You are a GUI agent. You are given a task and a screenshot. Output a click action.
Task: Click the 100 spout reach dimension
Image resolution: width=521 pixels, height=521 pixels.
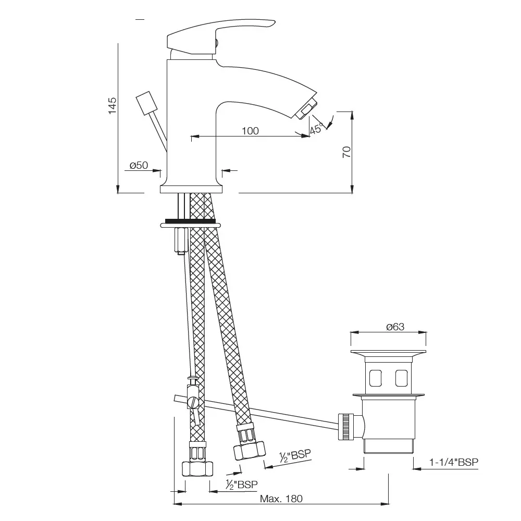click(250, 131)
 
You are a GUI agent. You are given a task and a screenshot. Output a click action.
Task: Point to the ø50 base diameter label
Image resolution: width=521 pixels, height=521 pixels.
click(139, 165)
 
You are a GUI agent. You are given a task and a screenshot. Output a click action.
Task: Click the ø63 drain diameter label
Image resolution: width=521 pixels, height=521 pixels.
click(395, 327)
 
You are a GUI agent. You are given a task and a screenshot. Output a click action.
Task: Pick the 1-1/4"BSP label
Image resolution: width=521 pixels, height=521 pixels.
click(454, 462)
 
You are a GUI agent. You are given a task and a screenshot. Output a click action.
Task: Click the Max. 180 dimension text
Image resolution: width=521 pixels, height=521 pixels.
click(281, 499)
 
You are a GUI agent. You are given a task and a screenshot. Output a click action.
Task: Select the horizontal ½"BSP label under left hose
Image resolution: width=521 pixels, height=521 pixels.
click(242, 485)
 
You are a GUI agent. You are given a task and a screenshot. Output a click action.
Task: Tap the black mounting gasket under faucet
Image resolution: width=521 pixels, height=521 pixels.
click(190, 220)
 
